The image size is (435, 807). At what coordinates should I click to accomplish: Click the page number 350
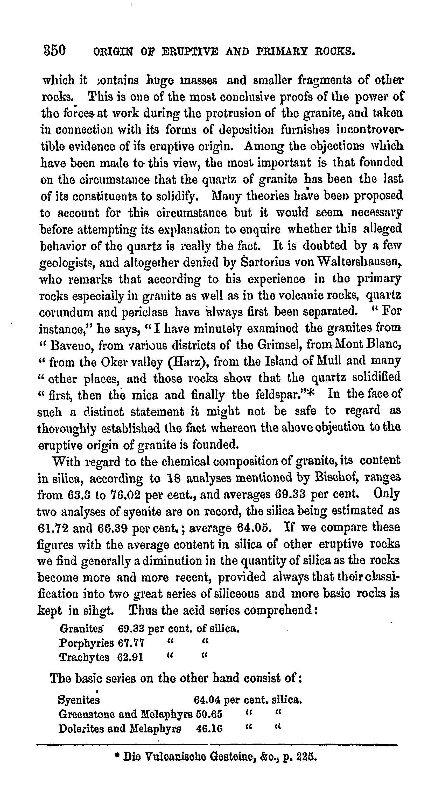pyautogui.click(x=55, y=50)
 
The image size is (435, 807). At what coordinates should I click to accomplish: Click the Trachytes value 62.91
pyautogui.click(x=130, y=657)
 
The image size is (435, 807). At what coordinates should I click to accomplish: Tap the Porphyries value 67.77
pyautogui.click(x=131, y=643)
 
